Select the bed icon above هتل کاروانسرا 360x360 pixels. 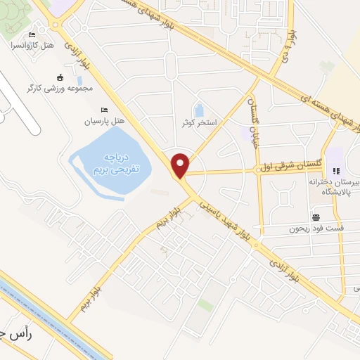click(31, 34)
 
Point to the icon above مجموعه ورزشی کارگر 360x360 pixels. click(60, 77)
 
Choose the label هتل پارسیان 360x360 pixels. click(104, 121)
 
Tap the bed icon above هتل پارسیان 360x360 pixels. click(104, 110)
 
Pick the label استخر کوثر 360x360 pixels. click(199, 122)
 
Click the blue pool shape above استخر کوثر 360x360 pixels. click(199, 110)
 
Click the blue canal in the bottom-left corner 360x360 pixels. click(42, 310)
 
